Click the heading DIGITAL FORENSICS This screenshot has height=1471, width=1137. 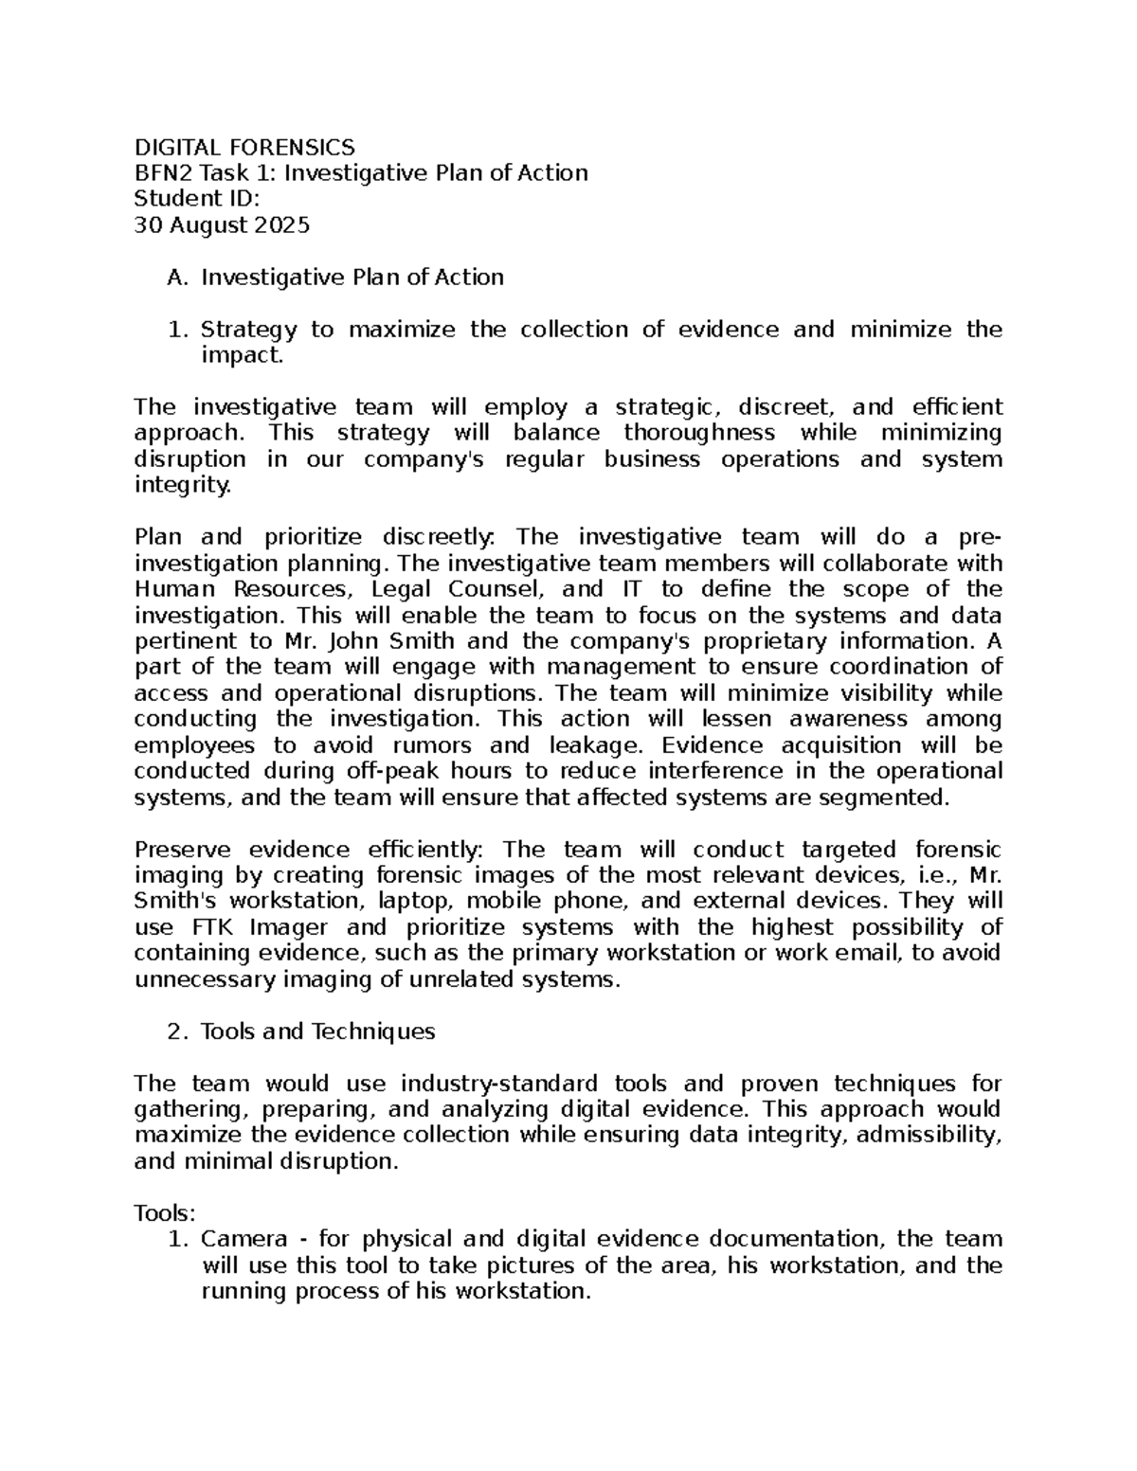pyautogui.click(x=244, y=147)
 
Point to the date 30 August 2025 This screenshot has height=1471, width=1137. pyautogui.click(x=222, y=225)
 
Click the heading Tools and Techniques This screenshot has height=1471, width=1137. pyautogui.click(x=317, y=1031)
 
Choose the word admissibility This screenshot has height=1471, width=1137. pyautogui.click(x=928, y=1135)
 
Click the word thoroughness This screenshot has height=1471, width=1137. pyautogui.click(x=698, y=433)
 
